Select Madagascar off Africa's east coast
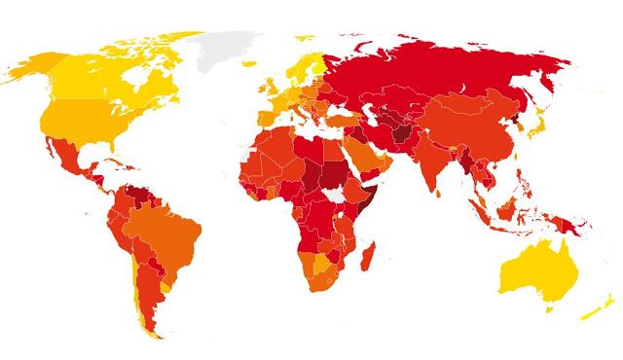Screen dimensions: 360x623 pos(368,258)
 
